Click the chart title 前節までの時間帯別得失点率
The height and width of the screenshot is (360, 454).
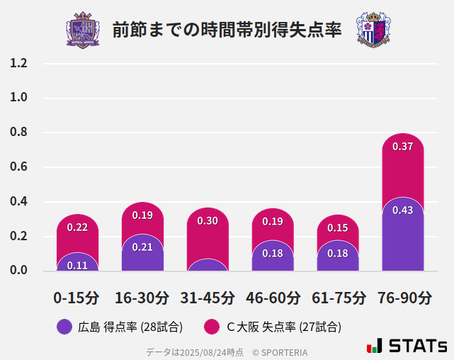(227, 30)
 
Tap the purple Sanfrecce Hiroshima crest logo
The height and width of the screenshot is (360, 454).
(83, 30)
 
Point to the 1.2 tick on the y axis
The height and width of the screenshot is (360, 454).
(18, 63)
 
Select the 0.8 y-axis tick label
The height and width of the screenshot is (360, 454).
(18, 133)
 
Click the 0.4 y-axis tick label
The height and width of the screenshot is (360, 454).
(18, 202)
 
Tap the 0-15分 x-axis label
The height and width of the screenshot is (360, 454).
(77, 298)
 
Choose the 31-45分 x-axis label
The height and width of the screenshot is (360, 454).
(208, 298)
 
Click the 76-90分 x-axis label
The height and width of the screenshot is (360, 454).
(403, 298)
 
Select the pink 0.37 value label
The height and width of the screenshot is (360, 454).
(402, 147)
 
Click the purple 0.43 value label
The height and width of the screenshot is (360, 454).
(402, 210)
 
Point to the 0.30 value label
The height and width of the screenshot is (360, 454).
(208, 221)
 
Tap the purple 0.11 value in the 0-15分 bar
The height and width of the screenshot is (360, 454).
(77, 265)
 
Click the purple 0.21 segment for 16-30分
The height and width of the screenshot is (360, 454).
(142, 247)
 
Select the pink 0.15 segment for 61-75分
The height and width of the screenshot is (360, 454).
(338, 228)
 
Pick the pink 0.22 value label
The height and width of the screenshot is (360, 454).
(77, 227)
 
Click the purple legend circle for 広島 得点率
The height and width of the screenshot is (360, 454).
(64, 327)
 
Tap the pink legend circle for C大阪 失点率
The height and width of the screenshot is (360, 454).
(211, 327)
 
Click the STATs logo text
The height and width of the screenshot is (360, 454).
(417, 346)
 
